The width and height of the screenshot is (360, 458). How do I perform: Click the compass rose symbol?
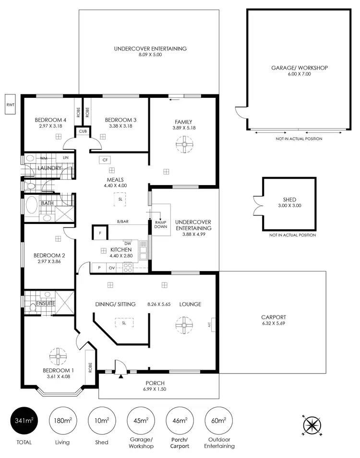point(312,424)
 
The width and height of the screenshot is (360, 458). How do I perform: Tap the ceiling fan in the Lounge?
point(183,325)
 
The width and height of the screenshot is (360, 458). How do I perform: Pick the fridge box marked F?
point(99,233)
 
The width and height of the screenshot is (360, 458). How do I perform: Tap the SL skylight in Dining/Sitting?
point(124,323)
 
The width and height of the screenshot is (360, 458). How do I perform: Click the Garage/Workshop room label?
point(299,68)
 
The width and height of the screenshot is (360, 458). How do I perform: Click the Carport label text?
point(273,317)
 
